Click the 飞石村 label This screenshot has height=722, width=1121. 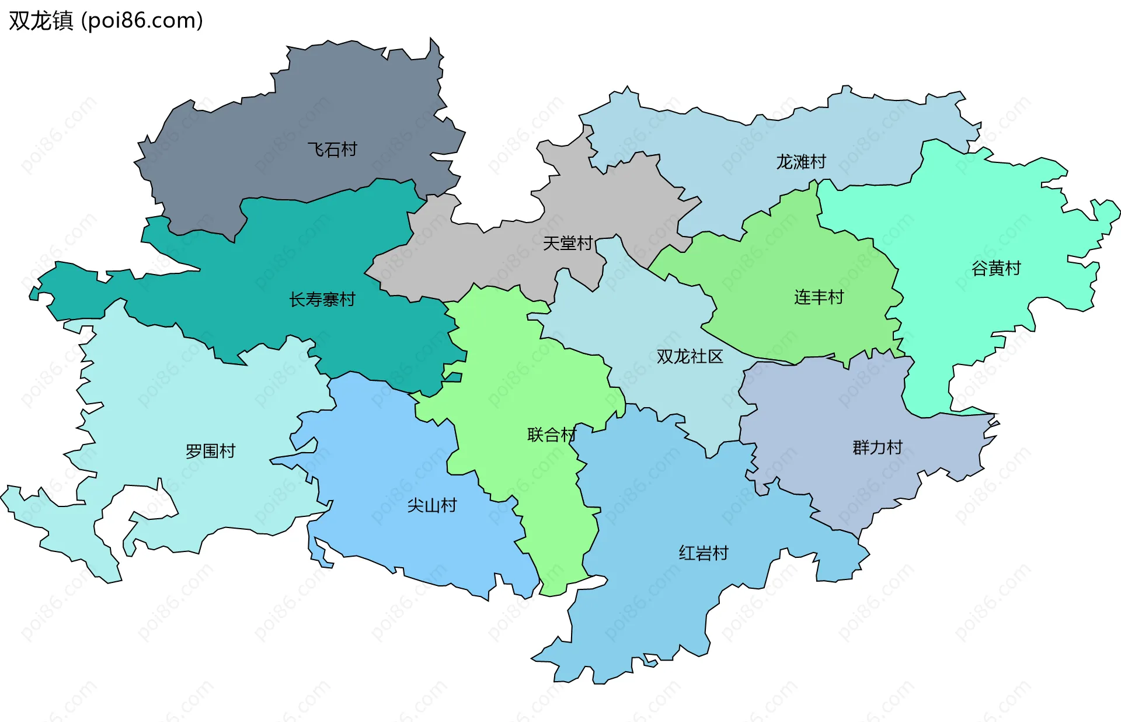click(x=332, y=150)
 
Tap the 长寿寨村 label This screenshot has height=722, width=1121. click(x=322, y=300)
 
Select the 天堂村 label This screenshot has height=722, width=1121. click(x=568, y=243)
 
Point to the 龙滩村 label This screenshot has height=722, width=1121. click(x=800, y=162)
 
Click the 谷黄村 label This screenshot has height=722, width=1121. click(x=996, y=268)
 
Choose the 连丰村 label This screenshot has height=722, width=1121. click(x=819, y=297)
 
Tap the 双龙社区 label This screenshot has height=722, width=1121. click(x=690, y=356)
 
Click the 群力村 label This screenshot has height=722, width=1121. click(x=877, y=447)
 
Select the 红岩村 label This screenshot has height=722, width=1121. click(x=703, y=553)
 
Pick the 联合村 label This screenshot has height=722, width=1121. click(x=551, y=435)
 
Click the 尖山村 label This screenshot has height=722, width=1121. click(x=431, y=505)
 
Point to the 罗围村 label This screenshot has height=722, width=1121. click(x=210, y=451)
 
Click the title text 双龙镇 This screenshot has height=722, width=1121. click(x=41, y=20)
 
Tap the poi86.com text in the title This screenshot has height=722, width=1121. click(x=142, y=20)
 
